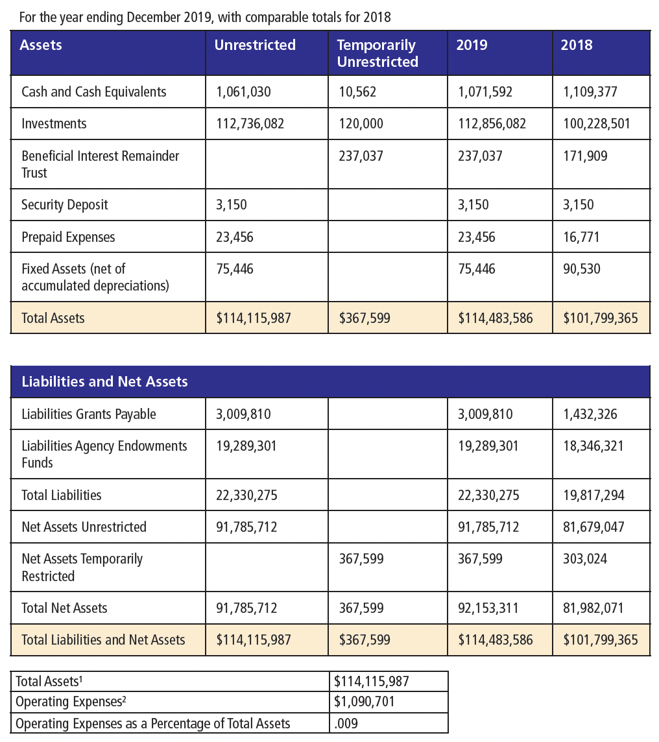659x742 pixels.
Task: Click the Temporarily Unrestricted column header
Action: point(377,53)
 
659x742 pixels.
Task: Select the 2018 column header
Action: point(577,45)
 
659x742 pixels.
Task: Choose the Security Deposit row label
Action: point(65,205)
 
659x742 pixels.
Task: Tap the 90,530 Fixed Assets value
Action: point(581,269)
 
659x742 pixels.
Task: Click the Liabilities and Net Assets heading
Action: point(105,381)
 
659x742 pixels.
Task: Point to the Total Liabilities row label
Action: point(62,496)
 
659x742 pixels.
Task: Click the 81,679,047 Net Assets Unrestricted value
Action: point(593,527)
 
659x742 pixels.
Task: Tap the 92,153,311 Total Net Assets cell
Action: point(488,608)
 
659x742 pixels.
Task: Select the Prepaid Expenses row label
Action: point(68,237)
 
